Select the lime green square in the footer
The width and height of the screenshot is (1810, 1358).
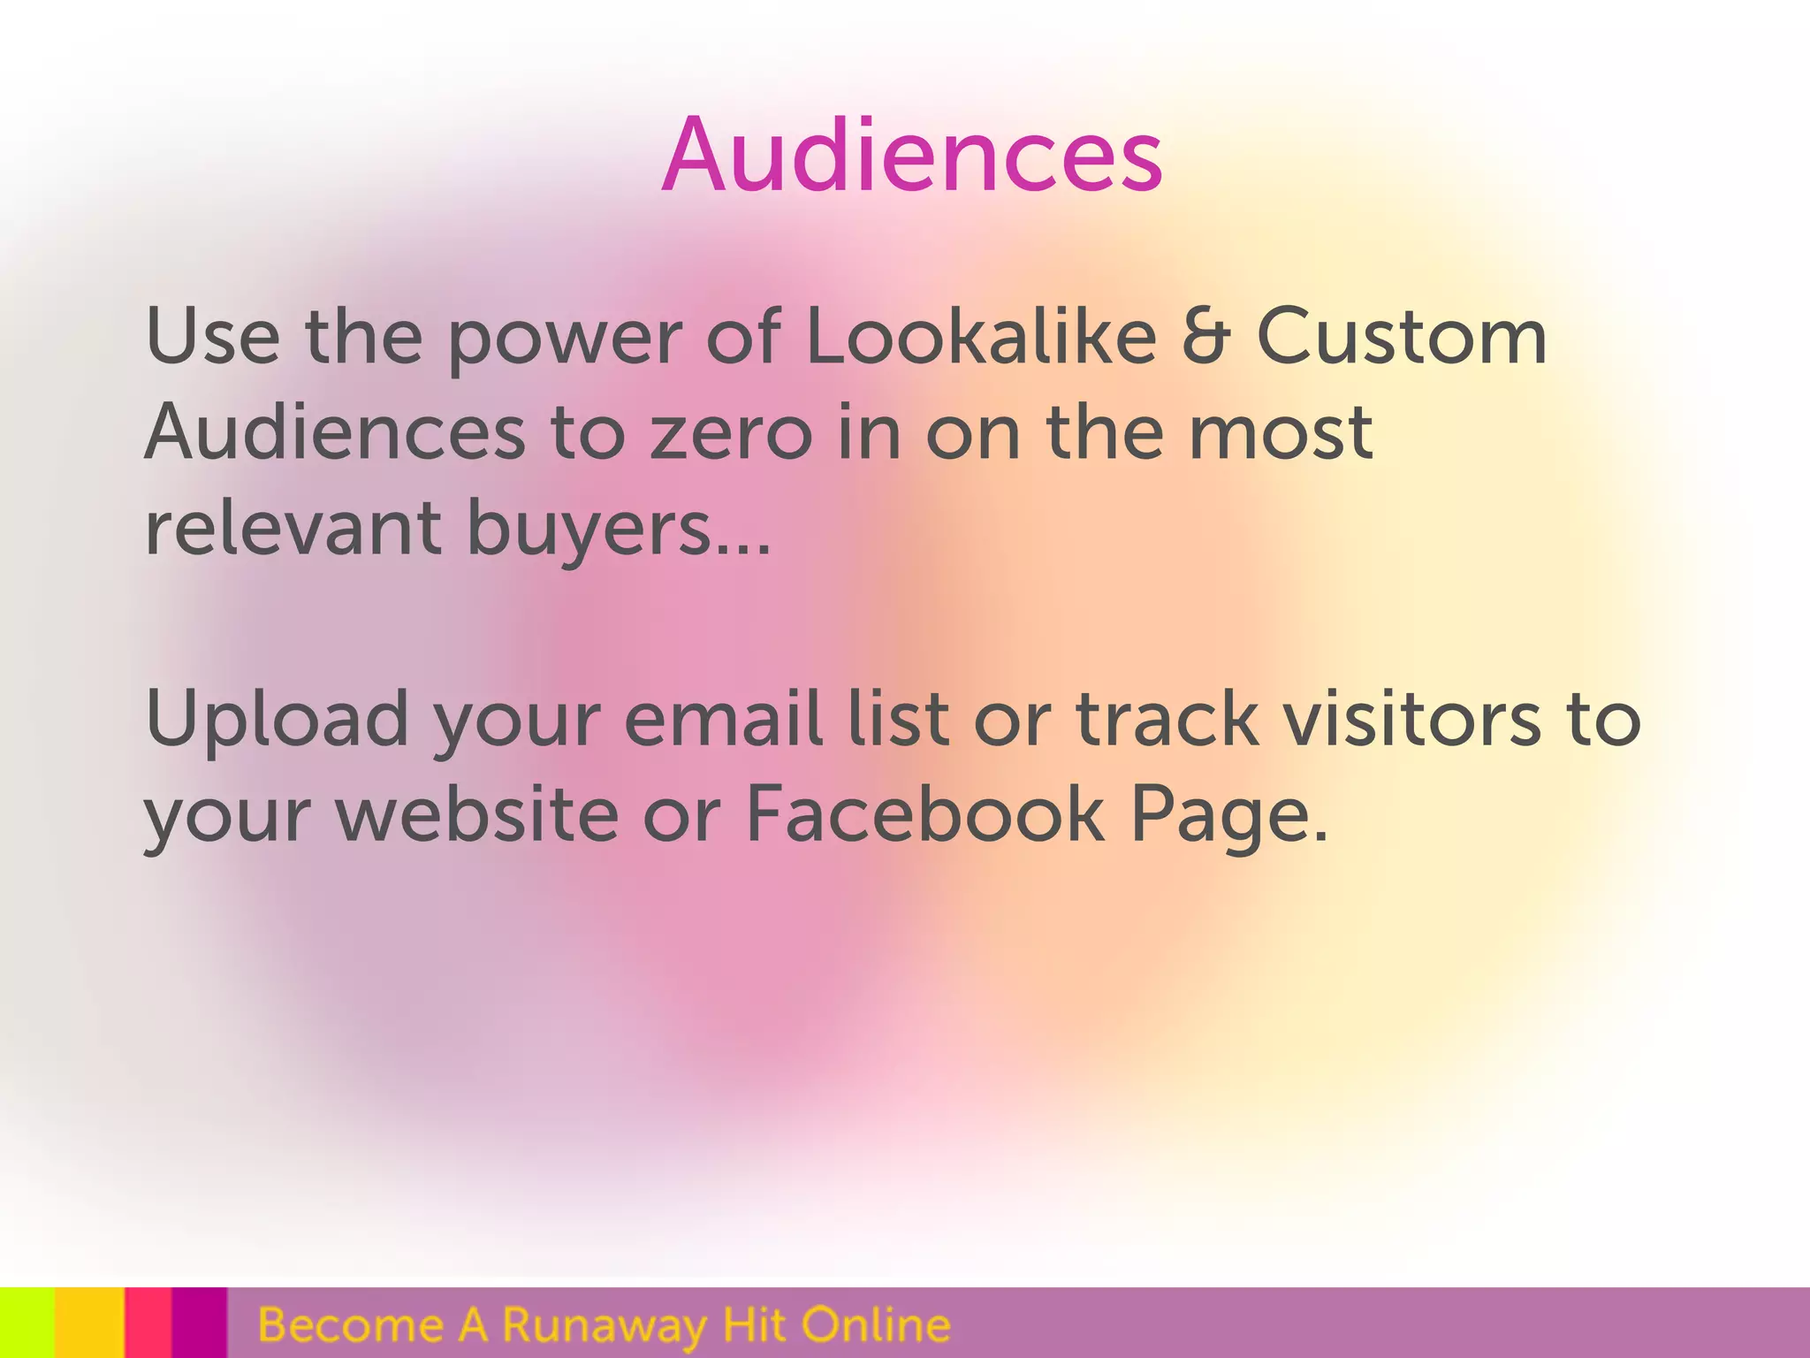(x=27, y=1323)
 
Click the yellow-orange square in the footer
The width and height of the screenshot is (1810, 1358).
(x=89, y=1323)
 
